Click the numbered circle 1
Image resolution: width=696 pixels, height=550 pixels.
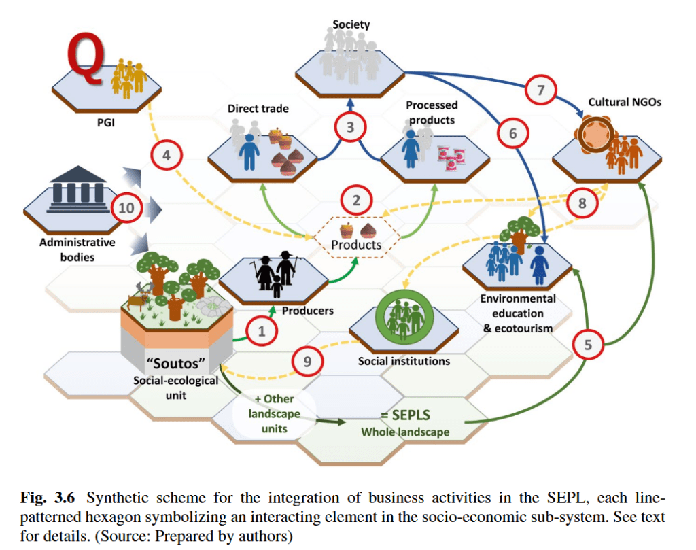pyautogui.click(x=262, y=331)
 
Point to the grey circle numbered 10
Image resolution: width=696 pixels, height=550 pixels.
pyautogui.click(x=126, y=207)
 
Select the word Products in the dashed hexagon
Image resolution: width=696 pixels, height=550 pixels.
pyautogui.click(x=357, y=245)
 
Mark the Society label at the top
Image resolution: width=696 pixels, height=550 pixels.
pyautogui.click(x=351, y=25)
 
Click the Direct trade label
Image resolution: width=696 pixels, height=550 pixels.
pyautogui.click(x=258, y=108)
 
